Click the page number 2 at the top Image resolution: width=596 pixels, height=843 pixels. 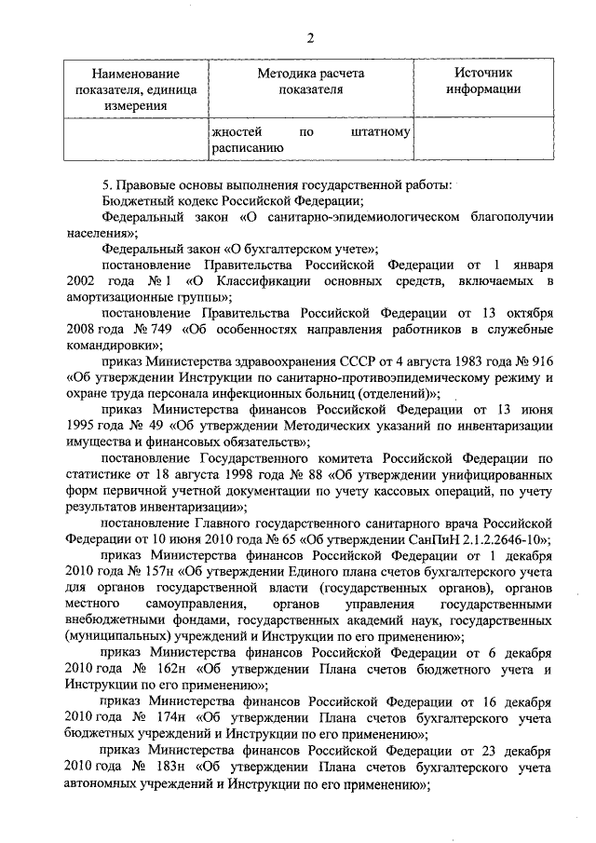310,37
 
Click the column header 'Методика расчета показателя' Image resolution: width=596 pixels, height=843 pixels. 310,81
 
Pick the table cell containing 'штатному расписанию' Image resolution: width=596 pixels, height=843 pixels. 310,139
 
